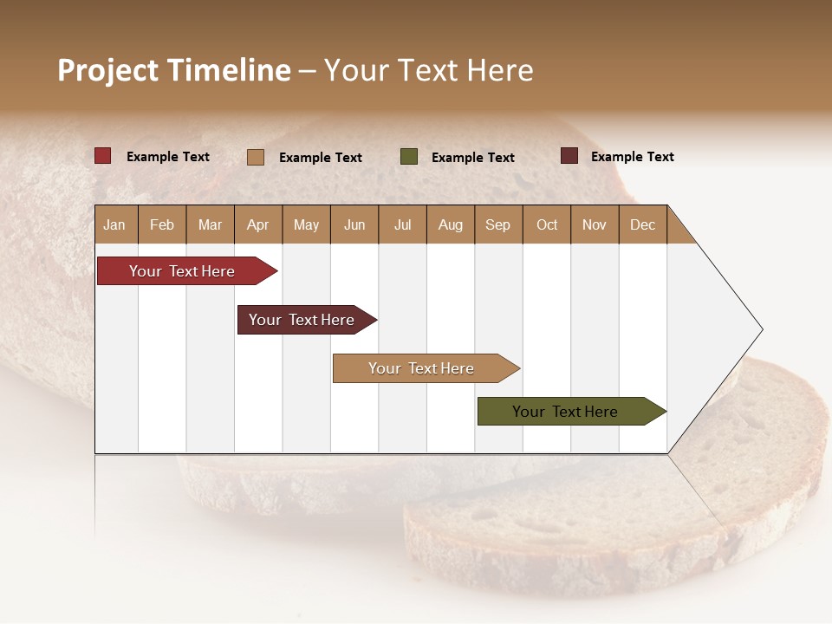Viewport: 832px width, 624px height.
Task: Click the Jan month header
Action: [x=114, y=224]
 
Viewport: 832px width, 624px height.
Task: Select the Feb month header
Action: [x=162, y=224]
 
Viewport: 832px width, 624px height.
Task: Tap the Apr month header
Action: [x=257, y=224]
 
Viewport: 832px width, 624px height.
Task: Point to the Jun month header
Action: [x=354, y=224]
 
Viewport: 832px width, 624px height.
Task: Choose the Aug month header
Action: [x=450, y=224]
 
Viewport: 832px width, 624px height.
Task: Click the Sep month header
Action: [x=497, y=224]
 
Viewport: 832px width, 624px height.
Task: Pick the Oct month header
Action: [x=547, y=224]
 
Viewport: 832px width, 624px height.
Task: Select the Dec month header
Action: [x=642, y=224]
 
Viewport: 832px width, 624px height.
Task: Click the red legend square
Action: [x=103, y=156]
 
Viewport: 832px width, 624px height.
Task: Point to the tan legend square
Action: [x=256, y=157]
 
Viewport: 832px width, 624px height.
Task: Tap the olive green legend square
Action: [x=409, y=157]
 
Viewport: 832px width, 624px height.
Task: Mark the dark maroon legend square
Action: [x=569, y=156]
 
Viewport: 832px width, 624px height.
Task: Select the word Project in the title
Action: [x=108, y=70]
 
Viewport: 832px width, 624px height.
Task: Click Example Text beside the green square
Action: [x=472, y=158]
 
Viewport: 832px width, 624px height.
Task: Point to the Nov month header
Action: [x=595, y=224]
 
